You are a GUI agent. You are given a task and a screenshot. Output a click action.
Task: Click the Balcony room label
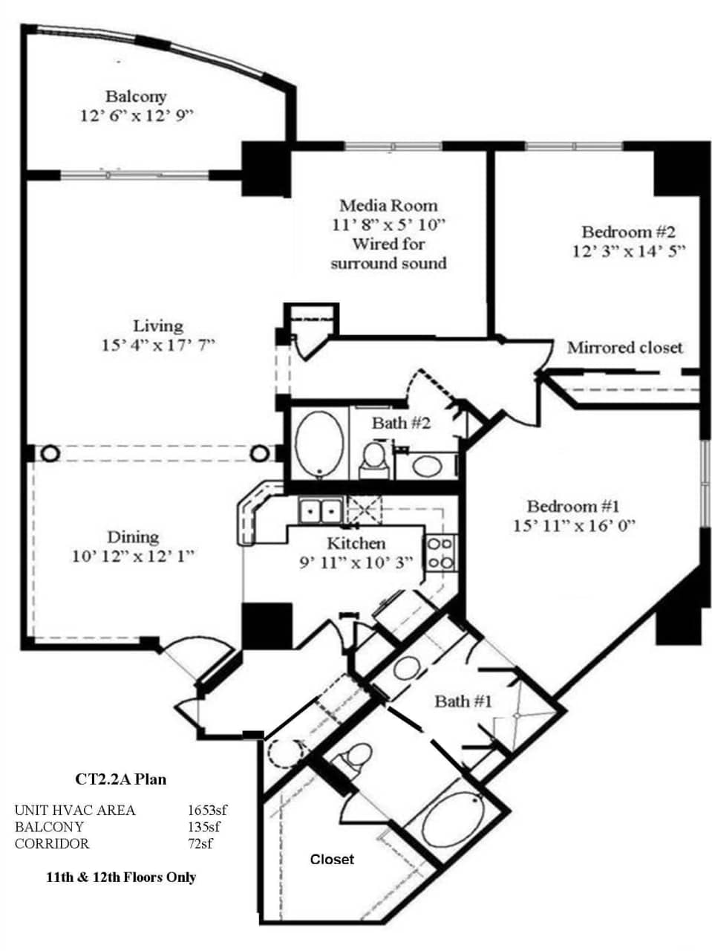click(x=136, y=97)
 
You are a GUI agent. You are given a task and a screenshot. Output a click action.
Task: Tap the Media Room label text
click(x=388, y=206)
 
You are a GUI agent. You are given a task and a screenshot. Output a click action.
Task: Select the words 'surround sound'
click(x=388, y=264)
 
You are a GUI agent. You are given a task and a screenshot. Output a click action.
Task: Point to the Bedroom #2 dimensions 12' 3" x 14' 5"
click(x=628, y=251)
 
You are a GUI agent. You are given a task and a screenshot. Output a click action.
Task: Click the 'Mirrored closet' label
click(x=624, y=348)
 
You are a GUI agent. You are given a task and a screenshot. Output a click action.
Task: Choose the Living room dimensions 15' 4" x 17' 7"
click(x=158, y=345)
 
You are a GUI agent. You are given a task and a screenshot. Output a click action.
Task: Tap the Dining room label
click(x=133, y=537)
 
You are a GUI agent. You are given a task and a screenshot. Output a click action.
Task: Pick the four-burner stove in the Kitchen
click(x=440, y=554)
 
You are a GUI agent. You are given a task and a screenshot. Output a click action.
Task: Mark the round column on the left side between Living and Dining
click(x=49, y=453)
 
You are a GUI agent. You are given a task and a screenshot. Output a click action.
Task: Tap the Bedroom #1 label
click(x=572, y=507)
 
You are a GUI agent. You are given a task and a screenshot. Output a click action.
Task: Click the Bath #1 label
click(x=463, y=701)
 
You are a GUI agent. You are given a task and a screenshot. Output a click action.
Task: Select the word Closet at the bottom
click(x=332, y=860)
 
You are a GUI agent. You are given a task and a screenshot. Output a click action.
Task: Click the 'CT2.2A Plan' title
click(x=121, y=779)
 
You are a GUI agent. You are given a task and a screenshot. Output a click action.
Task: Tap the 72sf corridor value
click(x=200, y=843)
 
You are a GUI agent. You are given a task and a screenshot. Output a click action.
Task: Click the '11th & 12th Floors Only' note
click(x=121, y=877)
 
